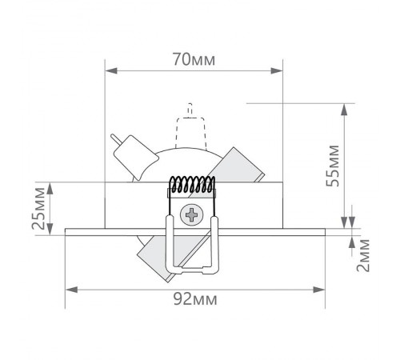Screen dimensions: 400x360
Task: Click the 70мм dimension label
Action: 194,59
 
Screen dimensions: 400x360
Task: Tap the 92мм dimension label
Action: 195,299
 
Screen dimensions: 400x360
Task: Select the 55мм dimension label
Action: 333,166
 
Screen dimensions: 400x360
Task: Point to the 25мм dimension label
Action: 38,209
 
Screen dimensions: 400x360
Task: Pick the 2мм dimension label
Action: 363,255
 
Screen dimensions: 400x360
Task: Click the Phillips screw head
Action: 191,214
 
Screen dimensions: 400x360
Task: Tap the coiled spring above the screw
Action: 192,184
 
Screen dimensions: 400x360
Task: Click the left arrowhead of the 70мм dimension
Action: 111,71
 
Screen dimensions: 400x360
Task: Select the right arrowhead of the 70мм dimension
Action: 277,71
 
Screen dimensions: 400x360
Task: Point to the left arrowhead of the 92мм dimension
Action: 72,290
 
